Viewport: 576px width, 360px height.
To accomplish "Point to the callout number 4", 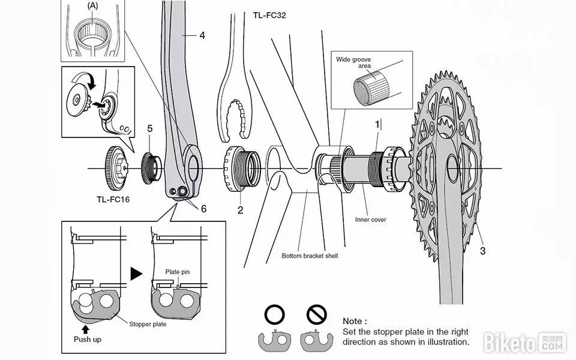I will click(202, 35).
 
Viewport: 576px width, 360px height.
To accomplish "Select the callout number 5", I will click(150, 128).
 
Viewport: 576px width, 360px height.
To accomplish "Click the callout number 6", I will click(203, 209).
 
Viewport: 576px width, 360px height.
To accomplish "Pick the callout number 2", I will click(240, 210).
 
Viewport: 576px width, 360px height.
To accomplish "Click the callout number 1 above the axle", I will click(377, 125).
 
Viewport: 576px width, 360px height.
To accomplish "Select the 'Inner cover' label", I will click(371, 220).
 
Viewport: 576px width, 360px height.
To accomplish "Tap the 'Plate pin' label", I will click(177, 272).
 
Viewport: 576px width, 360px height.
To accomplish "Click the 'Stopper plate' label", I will click(148, 324).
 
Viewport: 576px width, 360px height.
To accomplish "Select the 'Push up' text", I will click(87, 340).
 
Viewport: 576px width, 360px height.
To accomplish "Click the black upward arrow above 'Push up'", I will click(86, 329).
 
